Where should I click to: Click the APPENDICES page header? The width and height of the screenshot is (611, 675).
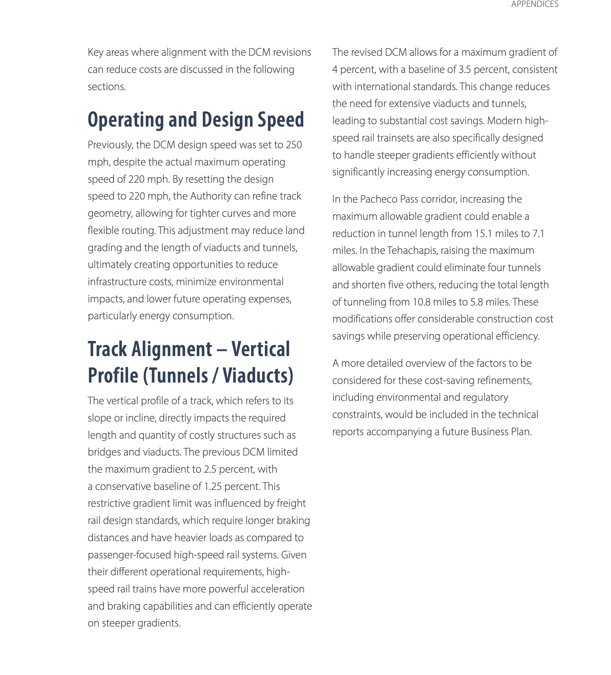click(534, 4)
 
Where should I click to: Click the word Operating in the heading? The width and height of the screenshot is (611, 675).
click(126, 120)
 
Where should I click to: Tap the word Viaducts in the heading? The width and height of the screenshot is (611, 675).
click(258, 375)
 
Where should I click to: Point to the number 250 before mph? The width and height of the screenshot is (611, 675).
click(294, 145)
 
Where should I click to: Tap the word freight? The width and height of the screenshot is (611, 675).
click(291, 503)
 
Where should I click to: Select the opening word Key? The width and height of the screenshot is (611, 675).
click(95, 52)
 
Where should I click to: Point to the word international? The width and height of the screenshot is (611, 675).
click(382, 87)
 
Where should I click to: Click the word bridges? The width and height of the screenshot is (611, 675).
click(104, 452)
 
